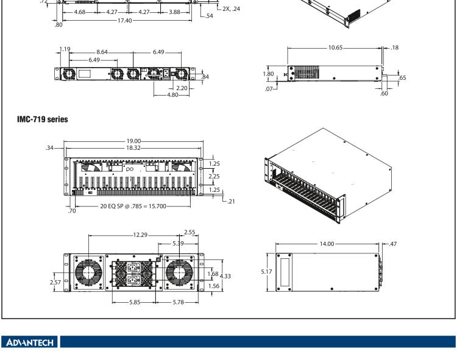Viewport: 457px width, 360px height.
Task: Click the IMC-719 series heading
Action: [43, 119]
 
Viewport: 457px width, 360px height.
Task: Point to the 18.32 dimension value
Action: [133, 147]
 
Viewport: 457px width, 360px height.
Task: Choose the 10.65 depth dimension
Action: [335, 47]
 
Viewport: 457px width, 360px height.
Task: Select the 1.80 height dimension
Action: [269, 74]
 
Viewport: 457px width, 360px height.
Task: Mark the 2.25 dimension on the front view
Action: [214, 176]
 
